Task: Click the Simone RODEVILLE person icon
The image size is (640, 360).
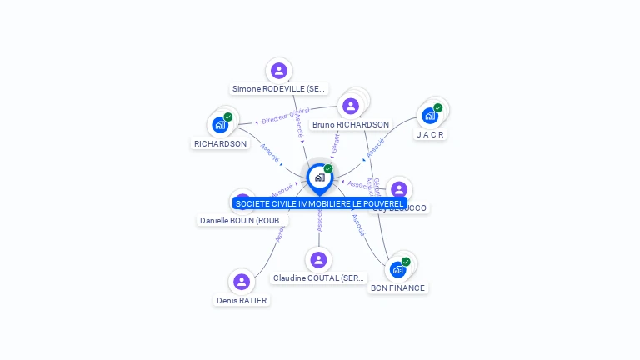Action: [x=278, y=71]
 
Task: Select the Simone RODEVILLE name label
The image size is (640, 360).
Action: [x=278, y=88]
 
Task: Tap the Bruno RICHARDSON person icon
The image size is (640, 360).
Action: [x=351, y=106]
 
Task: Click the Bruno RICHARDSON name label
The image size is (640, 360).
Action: [x=351, y=125]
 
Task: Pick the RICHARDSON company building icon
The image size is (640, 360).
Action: [x=219, y=125]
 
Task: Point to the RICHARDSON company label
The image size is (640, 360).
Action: [x=220, y=143]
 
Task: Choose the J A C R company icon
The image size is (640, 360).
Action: [x=430, y=116]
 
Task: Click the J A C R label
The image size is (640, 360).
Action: [x=430, y=134]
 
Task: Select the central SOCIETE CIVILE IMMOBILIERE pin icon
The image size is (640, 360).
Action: [x=319, y=177]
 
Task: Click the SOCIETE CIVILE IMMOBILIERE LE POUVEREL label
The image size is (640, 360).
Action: [x=319, y=203]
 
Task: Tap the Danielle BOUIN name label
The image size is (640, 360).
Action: [x=242, y=220]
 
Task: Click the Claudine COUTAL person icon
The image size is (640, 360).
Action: [x=318, y=260]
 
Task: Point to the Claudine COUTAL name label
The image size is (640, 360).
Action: [x=318, y=278]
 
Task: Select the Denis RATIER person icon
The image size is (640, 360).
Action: [x=242, y=282]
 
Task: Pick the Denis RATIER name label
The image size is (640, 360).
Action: [x=242, y=300]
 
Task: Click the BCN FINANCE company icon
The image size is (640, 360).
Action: [x=398, y=269]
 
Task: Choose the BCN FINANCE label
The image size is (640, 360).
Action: [x=398, y=288]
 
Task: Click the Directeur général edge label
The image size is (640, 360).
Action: [x=285, y=116]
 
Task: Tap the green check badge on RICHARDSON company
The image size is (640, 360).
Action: [x=227, y=117]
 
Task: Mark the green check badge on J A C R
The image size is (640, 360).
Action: [x=437, y=108]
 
